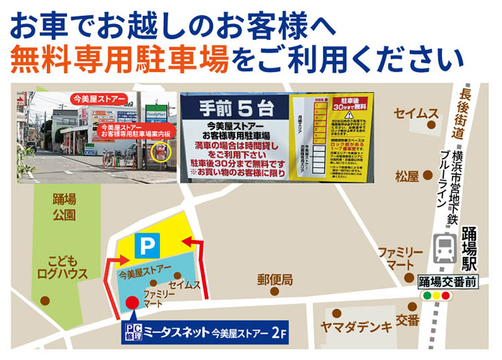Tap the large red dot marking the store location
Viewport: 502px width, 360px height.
133,302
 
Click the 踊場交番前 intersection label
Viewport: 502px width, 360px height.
448,282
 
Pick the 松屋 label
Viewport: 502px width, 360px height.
406,177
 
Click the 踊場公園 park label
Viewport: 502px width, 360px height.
64,207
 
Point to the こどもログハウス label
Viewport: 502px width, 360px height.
63,267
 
